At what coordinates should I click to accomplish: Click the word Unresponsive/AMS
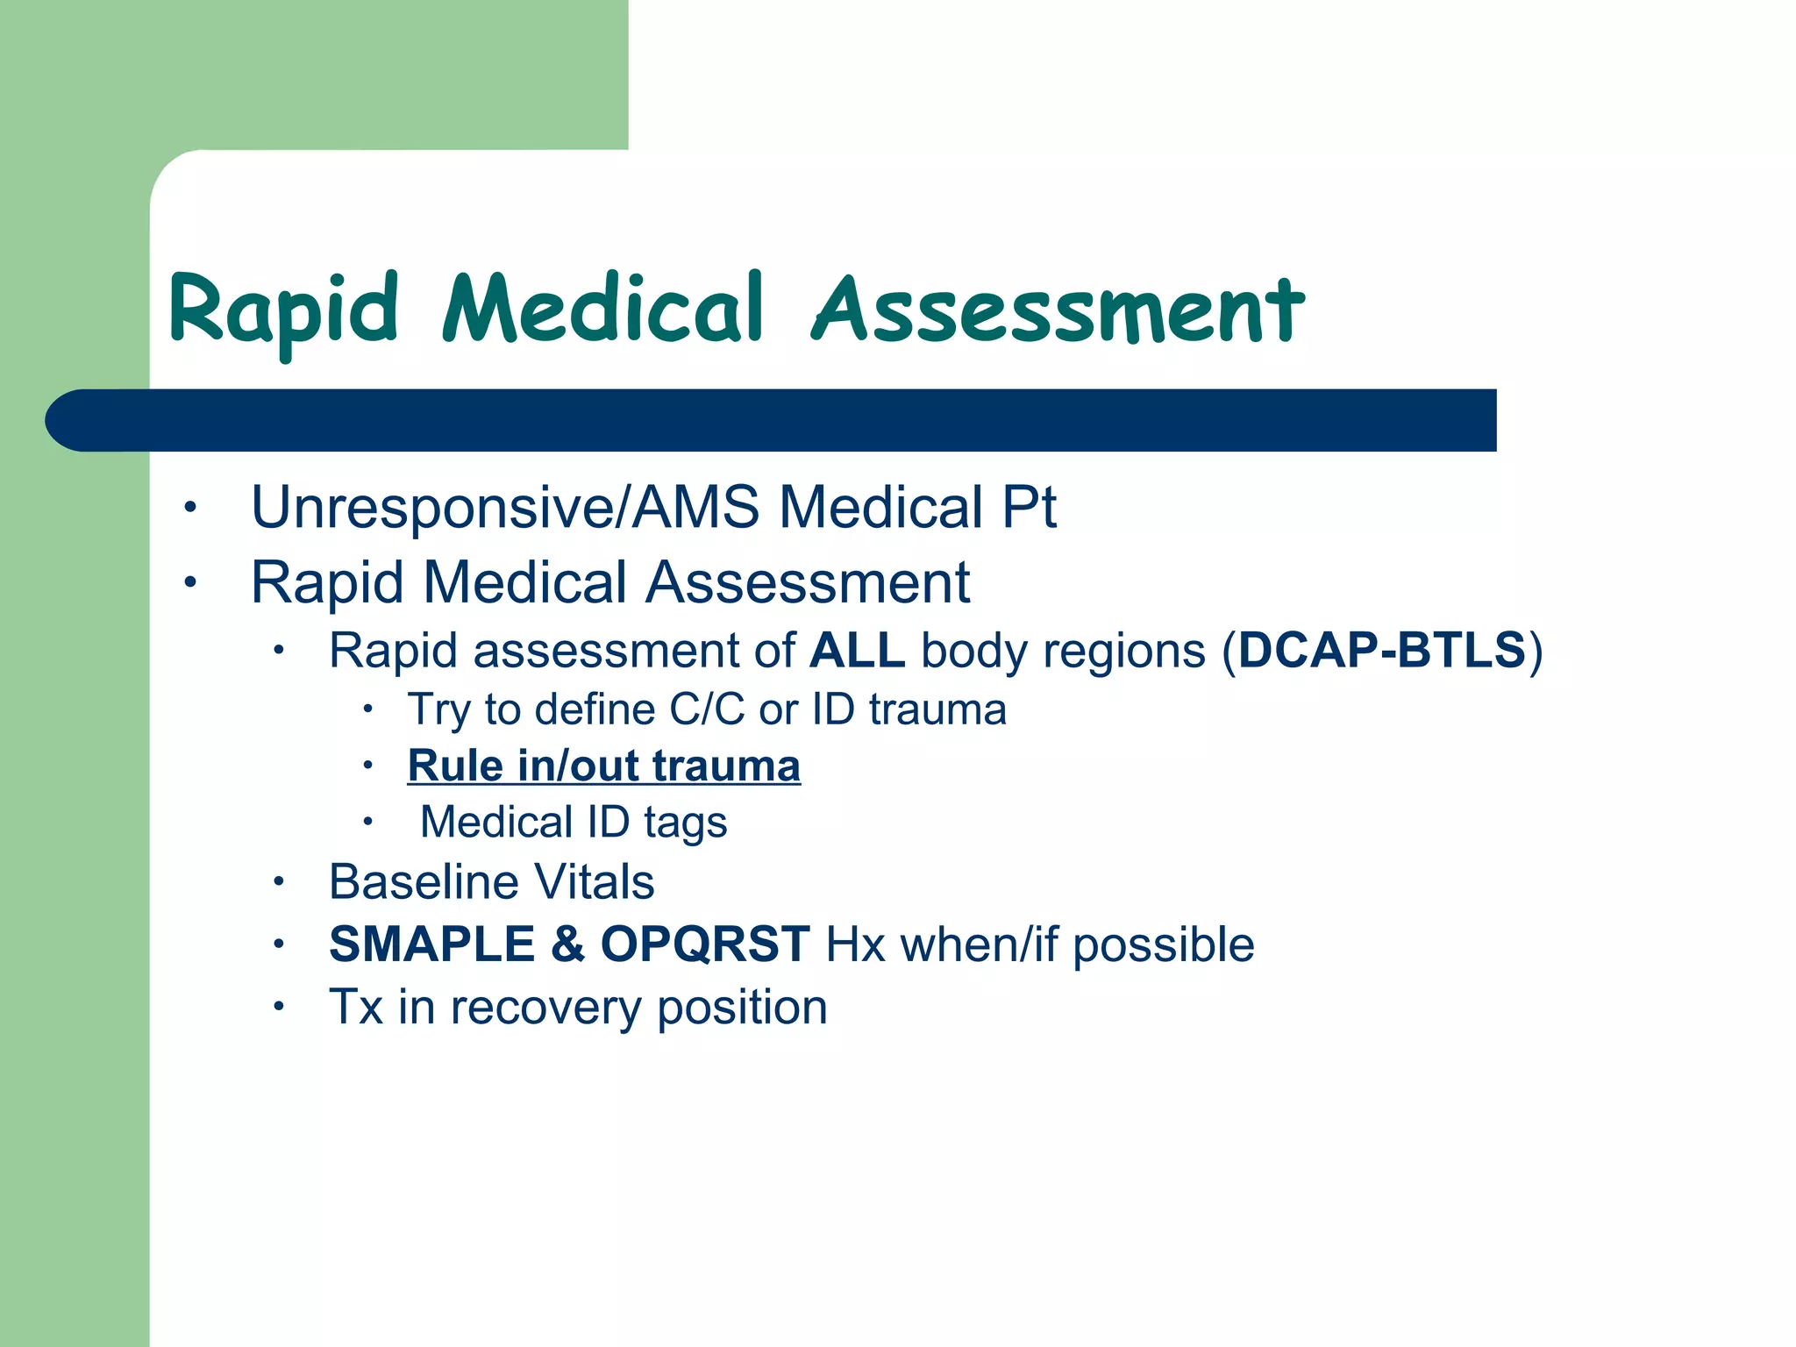[x=505, y=508]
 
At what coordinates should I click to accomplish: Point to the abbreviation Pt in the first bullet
[x=1029, y=508]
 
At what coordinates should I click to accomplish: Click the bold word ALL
[x=857, y=651]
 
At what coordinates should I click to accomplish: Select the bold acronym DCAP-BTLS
[x=1382, y=651]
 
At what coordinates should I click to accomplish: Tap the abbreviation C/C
[x=707, y=709]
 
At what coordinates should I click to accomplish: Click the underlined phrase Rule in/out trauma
[x=603, y=766]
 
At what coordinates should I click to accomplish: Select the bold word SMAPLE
[x=431, y=944]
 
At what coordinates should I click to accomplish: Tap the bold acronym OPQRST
[x=704, y=944]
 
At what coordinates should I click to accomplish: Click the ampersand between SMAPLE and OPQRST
[x=567, y=944]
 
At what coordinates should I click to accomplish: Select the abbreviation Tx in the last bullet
[x=355, y=1008]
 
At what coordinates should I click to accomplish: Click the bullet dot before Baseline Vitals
[x=278, y=881]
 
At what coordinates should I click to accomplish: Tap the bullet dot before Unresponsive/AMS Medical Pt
[x=190, y=508]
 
